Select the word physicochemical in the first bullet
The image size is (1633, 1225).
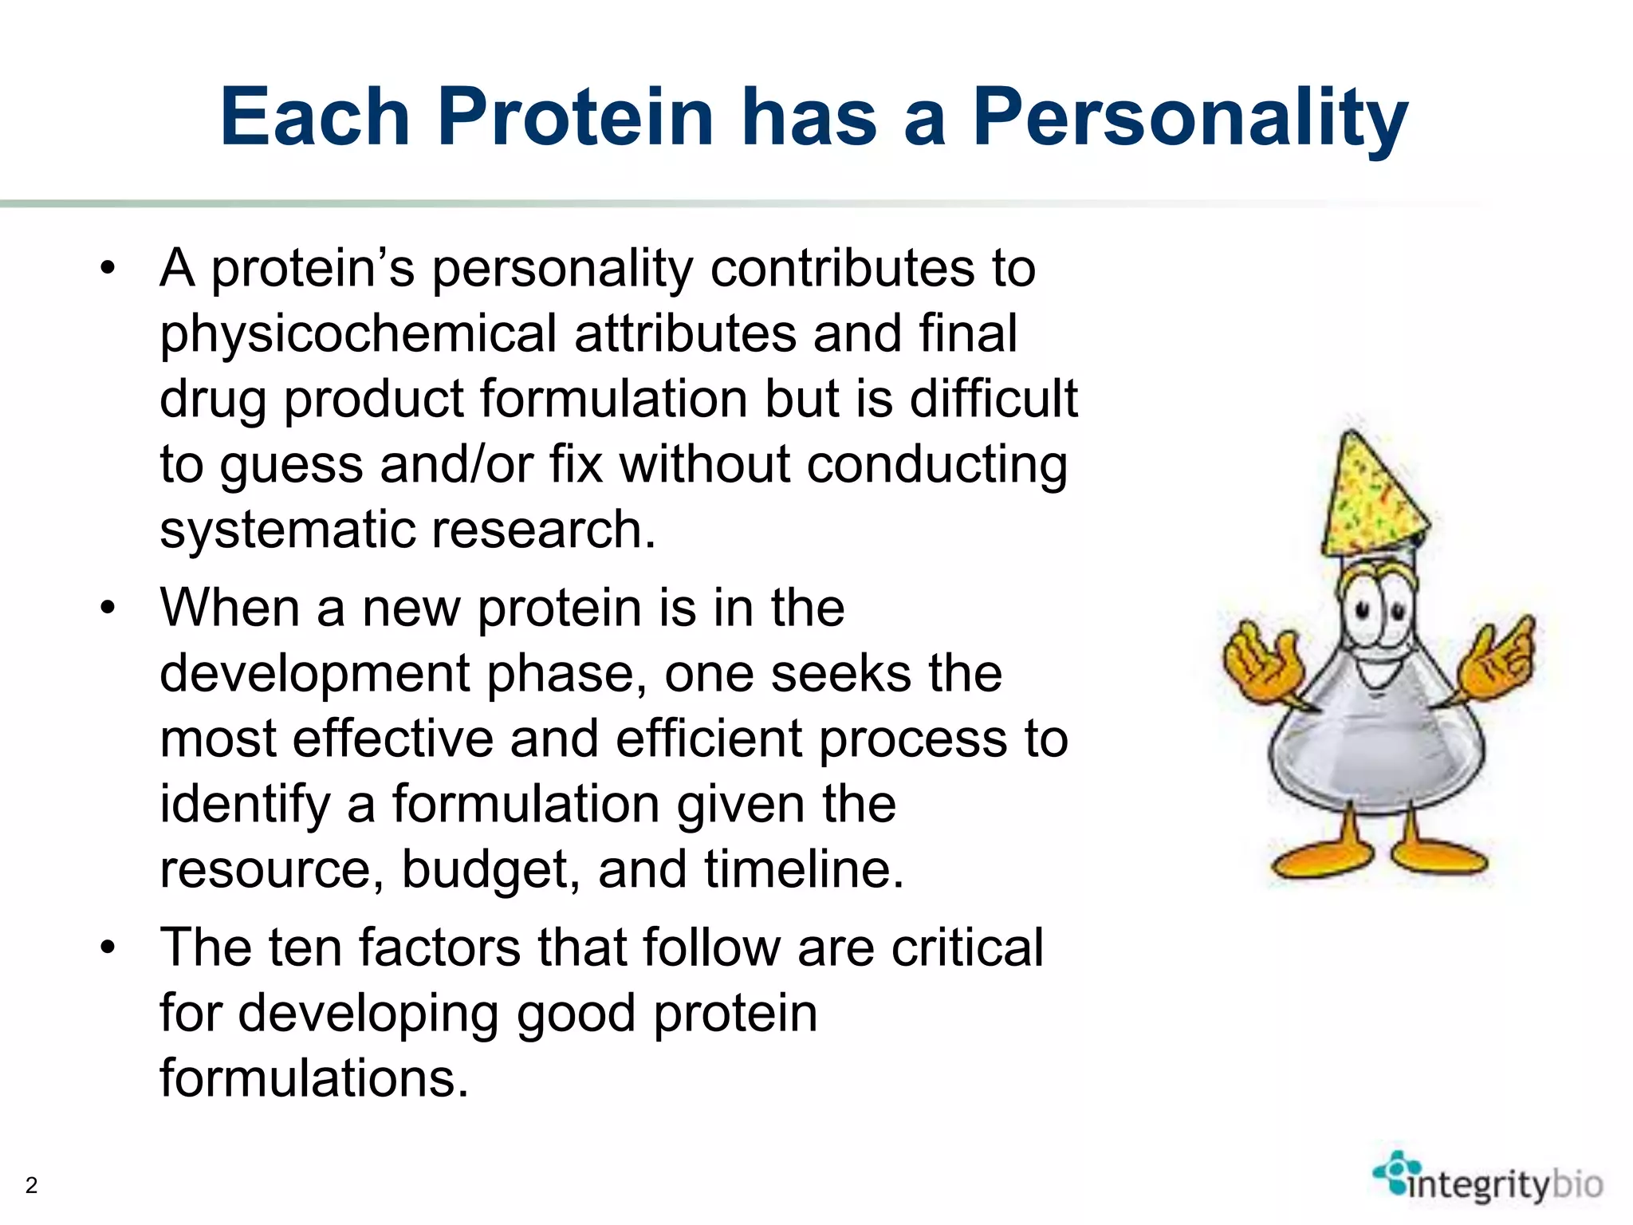358,333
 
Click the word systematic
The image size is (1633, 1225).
287,530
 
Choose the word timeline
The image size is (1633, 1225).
804,869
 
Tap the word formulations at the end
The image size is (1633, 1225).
313,1078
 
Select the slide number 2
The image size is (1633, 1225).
31,1185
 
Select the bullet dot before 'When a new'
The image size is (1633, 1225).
108,609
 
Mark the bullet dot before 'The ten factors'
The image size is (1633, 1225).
108,947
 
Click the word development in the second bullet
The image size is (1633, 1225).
315,673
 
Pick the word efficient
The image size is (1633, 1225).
708,739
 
